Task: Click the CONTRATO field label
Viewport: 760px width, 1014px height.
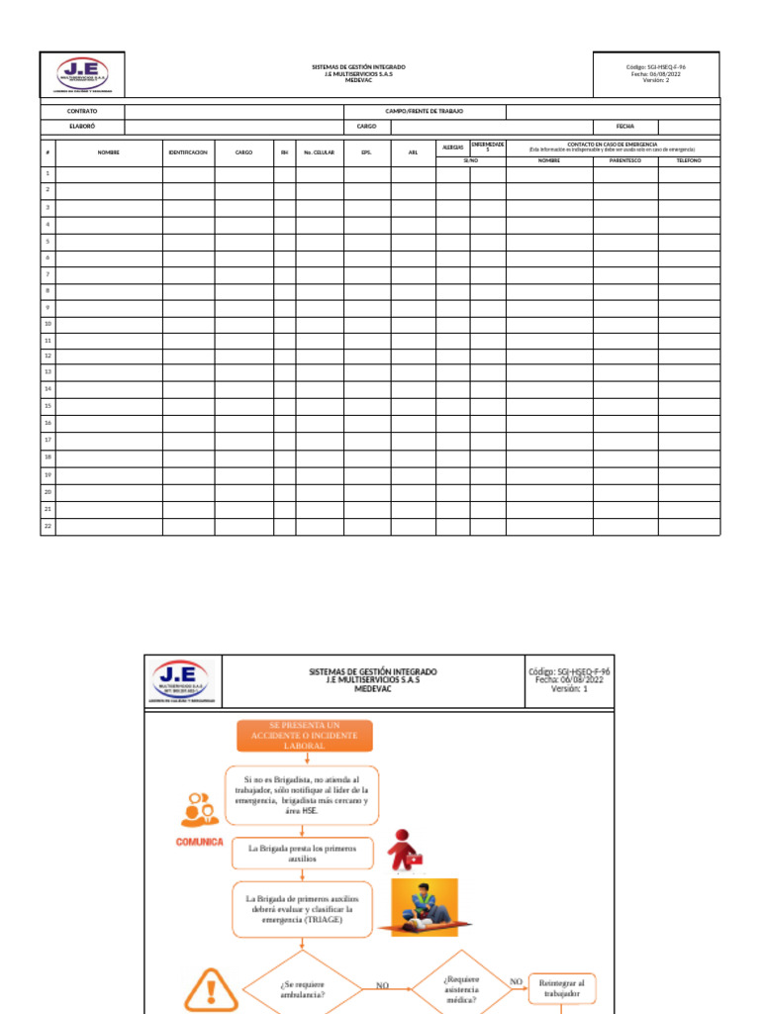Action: (x=82, y=112)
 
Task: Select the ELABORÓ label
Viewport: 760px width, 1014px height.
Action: (x=82, y=127)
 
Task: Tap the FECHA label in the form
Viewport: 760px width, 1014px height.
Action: (x=625, y=127)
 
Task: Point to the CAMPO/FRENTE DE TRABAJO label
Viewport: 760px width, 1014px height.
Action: (x=425, y=112)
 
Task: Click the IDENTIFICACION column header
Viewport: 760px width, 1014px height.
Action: (x=188, y=152)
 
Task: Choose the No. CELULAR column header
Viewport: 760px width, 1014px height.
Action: (x=320, y=152)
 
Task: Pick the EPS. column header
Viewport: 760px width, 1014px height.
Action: (x=366, y=152)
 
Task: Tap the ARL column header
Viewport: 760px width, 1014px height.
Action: (x=413, y=152)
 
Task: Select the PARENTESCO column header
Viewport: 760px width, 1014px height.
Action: (x=625, y=159)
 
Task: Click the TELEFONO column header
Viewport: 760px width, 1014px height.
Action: (x=689, y=159)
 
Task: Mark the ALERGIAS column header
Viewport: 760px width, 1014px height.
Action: (x=453, y=147)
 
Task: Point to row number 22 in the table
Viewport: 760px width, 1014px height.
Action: (x=47, y=526)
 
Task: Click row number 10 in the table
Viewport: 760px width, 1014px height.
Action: (x=47, y=324)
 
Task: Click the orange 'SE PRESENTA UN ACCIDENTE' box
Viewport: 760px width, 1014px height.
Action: (x=304, y=736)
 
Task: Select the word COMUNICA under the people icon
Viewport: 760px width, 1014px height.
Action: (x=200, y=842)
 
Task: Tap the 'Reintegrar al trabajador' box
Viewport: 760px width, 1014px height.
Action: (x=562, y=987)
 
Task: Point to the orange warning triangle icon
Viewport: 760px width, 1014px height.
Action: (x=211, y=987)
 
